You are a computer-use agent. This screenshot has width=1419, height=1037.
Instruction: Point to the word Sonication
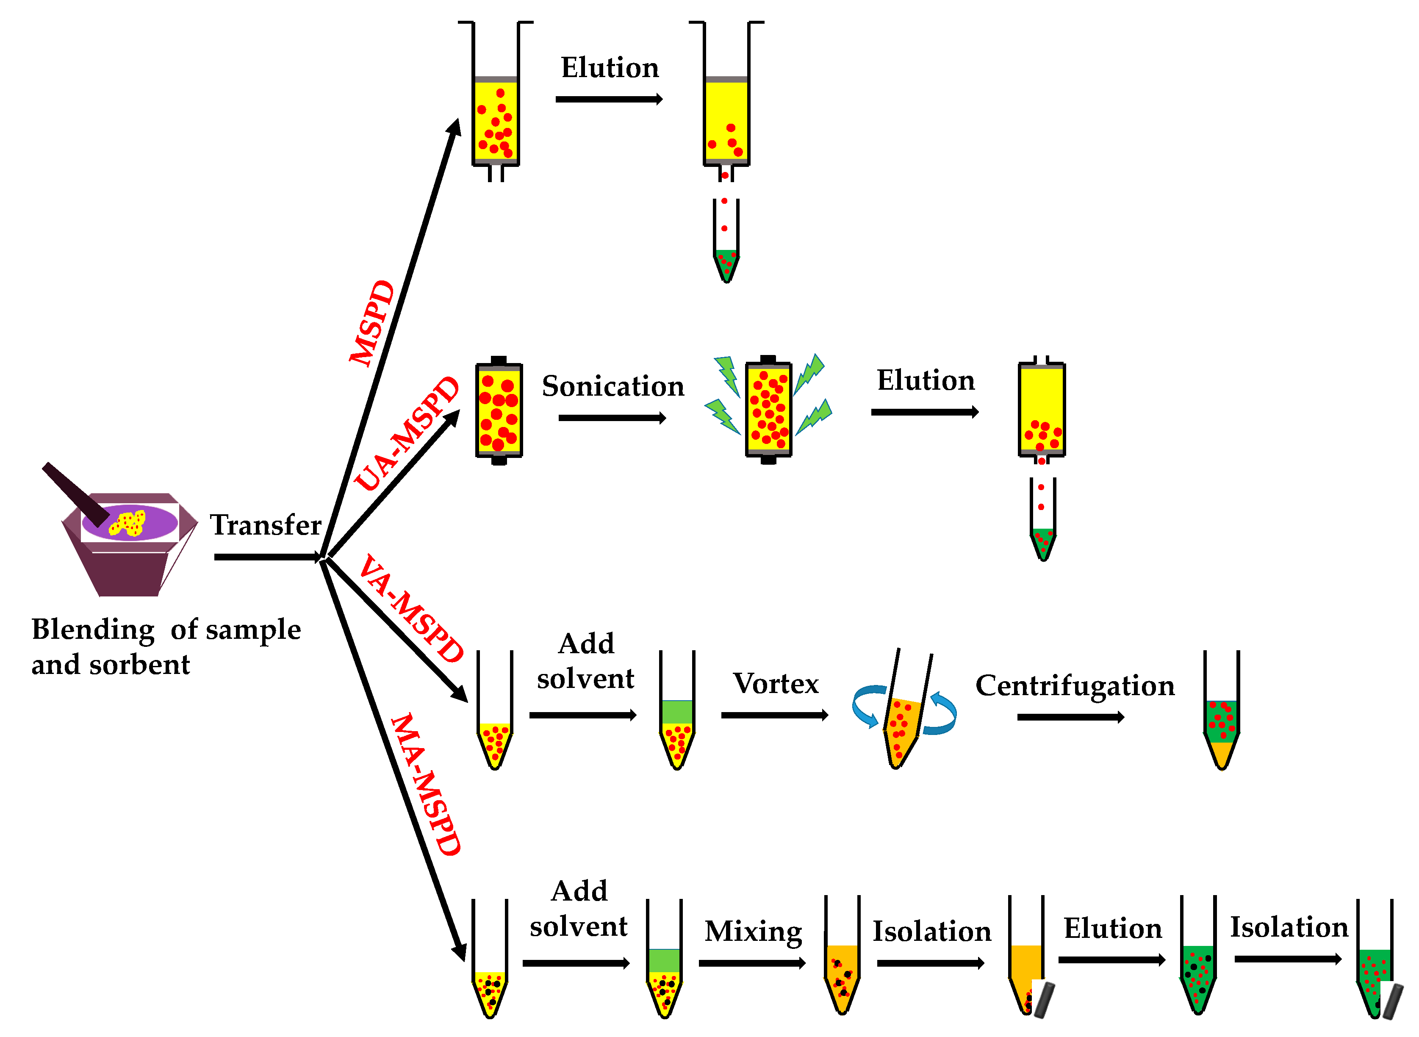[612, 386]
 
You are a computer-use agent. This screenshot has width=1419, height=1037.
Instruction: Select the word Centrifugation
[1075, 685]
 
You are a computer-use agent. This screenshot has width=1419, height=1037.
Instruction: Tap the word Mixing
[753, 931]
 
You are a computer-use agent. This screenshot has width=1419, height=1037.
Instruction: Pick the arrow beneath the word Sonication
[612, 418]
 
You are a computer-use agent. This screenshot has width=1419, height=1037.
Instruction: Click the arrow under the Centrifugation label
[1070, 717]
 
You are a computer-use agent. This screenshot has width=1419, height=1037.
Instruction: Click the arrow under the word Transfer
[267, 557]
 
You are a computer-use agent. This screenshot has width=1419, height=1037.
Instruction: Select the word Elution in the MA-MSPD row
[1112, 929]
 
